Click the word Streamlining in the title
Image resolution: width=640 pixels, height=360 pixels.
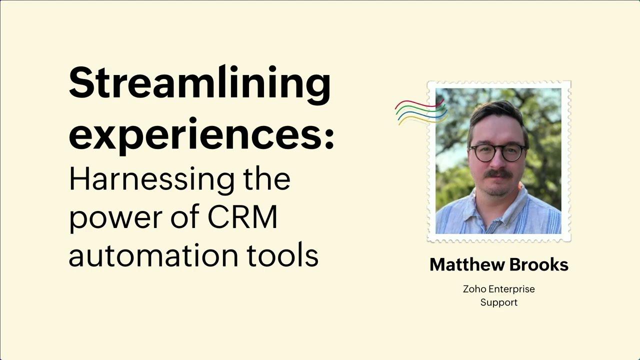click(x=199, y=83)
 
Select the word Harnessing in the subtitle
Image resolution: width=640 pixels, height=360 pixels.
click(x=151, y=178)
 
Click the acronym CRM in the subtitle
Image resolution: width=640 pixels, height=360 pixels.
click(x=242, y=217)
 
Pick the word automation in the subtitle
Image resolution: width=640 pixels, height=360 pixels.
click(x=153, y=255)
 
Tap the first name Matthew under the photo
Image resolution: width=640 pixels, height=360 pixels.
click(x=464, y=265)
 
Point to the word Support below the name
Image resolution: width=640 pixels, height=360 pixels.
click(x=498, y=302)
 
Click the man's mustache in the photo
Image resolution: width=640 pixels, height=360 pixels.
click(x=498, y=174)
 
